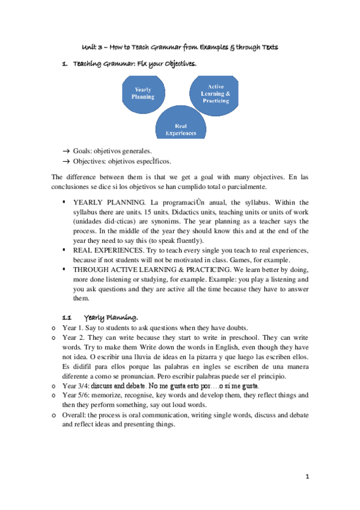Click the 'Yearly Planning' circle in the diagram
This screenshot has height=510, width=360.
click(x=143, y=93)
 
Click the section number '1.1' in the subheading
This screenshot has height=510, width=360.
click(x=67, y=316)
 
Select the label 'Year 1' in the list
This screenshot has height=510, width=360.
click(x=73, y=328)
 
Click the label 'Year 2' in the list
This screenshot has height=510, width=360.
click(x=73, y=339)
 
